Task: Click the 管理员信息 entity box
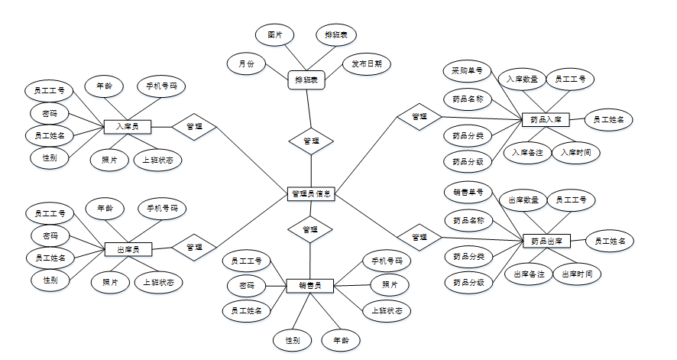pos(311,194)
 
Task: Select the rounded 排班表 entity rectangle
pos(306,79)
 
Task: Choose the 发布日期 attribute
pos(366,63)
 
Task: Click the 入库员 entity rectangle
pos(127,126)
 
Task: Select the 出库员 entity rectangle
pos(128,248)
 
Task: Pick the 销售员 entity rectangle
pos(309,287)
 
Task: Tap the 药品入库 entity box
pos(546,120)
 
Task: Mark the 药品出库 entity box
pos(546,242)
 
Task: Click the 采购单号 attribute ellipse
pos(467,71)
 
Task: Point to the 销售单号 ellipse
pos(468,192)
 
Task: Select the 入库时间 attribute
pos(575,153)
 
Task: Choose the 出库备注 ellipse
pos(529,274)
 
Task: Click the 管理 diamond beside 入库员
pos(194,127)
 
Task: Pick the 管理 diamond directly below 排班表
pos(311,141)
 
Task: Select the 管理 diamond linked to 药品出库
pos(419,237)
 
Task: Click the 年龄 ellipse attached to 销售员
pos(341,339)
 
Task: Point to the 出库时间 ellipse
pos(576,274)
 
